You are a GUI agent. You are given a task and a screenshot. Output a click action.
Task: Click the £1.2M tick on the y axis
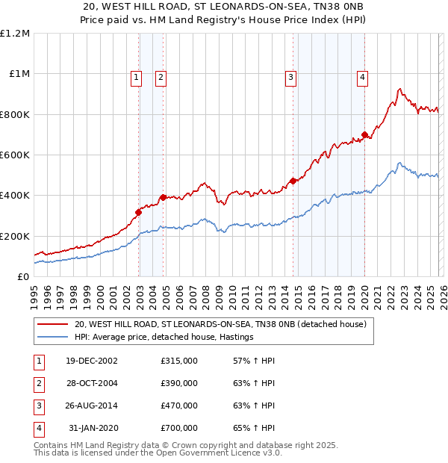click(15, 34)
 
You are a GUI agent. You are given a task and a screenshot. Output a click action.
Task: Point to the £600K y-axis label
click(15, 155)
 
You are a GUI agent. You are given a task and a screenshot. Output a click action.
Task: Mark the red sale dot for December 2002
click(139, 213)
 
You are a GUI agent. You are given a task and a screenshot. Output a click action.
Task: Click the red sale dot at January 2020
click(364, 135)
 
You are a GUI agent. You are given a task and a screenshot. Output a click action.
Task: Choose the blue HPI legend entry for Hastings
click(164, 338)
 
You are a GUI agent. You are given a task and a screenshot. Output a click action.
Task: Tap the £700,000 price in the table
click(179, 428)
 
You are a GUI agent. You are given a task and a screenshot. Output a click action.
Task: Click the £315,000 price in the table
click(179, 361)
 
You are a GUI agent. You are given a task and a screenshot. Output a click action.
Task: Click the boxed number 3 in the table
click(38, 405)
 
